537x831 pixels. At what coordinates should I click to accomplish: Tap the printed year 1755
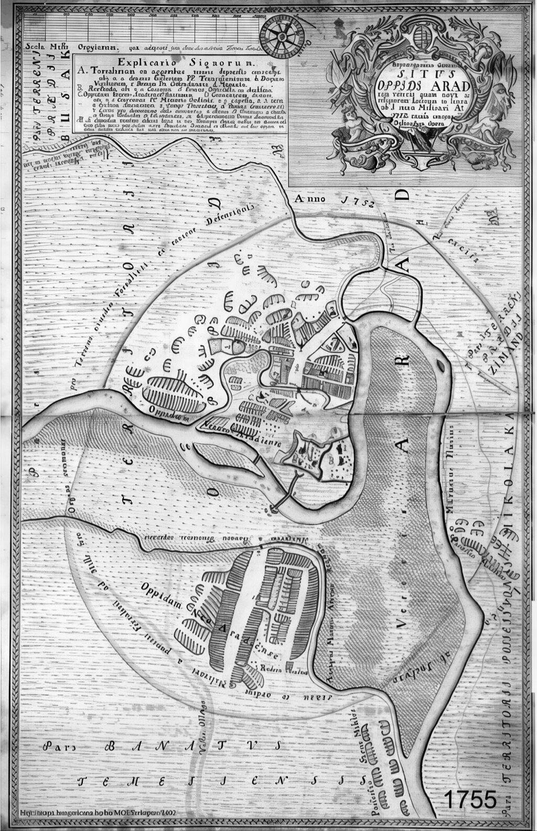(x=470, y=800)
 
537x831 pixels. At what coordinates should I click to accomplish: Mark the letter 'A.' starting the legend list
(x=80, y=69)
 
